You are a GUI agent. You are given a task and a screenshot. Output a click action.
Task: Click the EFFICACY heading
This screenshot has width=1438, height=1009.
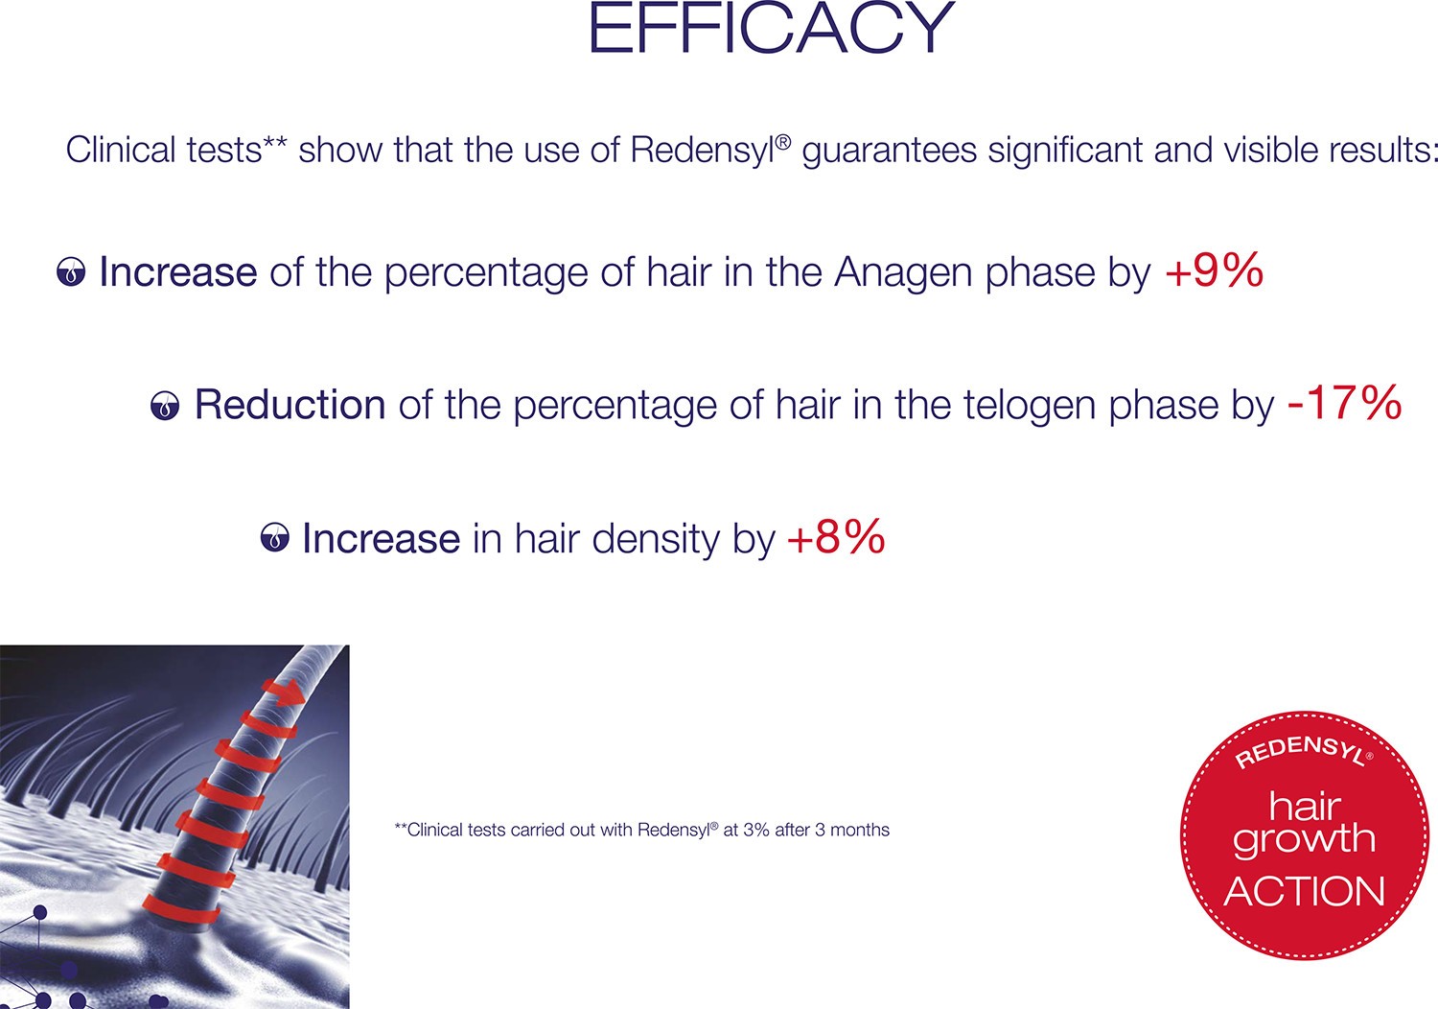pyautogui.click(x=772, y=28)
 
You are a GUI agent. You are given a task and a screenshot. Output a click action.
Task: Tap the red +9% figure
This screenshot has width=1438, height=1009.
pyautogui.click(x=1215, y=270)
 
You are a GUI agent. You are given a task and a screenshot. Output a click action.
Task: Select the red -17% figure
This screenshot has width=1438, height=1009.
pyautogui.click(x=1345, y=403)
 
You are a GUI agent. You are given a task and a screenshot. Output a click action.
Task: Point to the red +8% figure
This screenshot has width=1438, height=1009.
pyautogui.click(x=837, y=536)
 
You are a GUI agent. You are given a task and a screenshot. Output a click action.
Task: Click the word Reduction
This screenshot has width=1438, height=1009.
pyautogui.click(x=290, y=404)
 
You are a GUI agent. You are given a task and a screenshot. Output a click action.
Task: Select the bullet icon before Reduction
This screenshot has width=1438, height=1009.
pyautogui.click(x=165, y=406)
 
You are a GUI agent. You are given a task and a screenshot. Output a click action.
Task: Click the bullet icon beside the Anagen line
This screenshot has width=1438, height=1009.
pyautogui.click(x=71, y=271)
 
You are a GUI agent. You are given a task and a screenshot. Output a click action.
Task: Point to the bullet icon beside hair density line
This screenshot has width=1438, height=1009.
pyautogui.click(x=275, y=537)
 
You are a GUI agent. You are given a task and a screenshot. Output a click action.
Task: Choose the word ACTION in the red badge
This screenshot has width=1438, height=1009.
pyautogui.click(x=1304, y=891)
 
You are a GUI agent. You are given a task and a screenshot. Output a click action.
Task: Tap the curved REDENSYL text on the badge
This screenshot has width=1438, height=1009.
pyautogui.click(x=1304, y=749)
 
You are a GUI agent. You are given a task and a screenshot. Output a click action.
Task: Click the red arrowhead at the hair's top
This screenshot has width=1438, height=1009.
pyautogui.click(x=289, y=693)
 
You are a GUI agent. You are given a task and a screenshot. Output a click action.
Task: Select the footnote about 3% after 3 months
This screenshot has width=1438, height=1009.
pyautogui.click(x=642, y=830)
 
